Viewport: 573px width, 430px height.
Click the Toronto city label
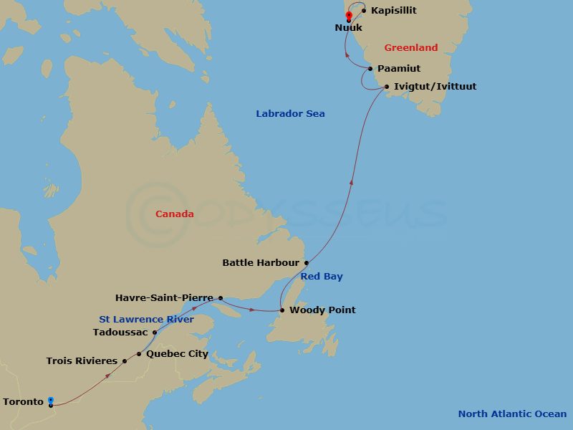click(23, 402)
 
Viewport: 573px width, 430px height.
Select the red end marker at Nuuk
click(349, 16)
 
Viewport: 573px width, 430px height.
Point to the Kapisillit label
click(394, 11)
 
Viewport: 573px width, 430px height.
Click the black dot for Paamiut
click(370, 69)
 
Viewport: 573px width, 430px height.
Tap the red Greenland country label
click(410, 48)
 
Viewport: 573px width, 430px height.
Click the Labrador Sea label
click(290, 114)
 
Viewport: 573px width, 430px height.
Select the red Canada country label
click(174, 214)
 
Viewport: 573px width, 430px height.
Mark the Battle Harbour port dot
click(307, 263)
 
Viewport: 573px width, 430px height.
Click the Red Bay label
click(322, 277)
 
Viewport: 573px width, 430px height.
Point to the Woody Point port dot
click(282, 310)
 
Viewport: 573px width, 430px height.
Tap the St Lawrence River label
click(146, 320)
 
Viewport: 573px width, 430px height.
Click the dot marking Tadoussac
click(155, 333)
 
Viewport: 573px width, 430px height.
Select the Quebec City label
click(177, 354)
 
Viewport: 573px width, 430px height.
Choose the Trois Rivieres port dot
click(125, 361)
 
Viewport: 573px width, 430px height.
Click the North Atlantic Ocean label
click(512, 414)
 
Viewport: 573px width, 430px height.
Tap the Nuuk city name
click(349, 28)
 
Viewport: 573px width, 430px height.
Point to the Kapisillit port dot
click(365, 11)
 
